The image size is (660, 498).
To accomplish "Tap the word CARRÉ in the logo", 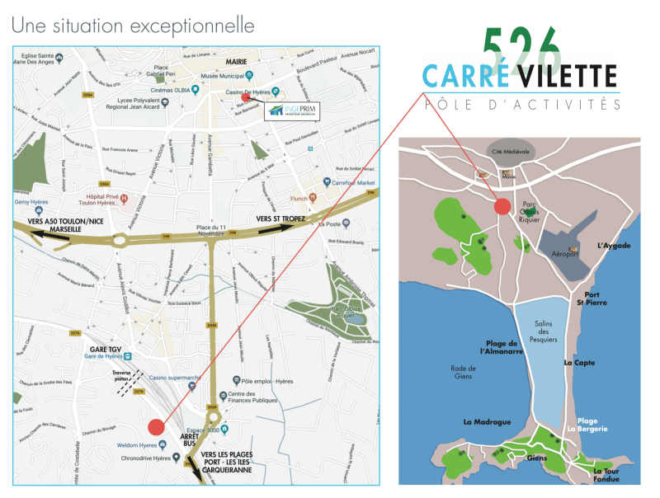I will (x=464, y=77).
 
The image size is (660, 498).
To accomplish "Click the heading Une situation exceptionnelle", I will (x=133, y=26).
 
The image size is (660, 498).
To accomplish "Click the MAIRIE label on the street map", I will (x=238, y=61).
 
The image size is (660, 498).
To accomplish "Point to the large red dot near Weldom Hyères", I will (x=155, y=427).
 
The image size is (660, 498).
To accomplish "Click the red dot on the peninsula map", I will (x=502, y=206).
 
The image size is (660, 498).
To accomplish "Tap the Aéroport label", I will (x=564, y=254).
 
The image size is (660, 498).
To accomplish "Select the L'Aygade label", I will (x=613, y=246).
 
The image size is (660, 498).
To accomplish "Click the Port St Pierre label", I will (x=596, y=298).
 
